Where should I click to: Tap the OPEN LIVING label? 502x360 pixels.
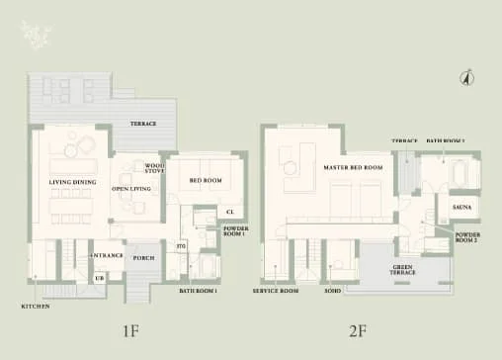(130, 188)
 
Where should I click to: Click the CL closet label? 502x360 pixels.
(230, 212)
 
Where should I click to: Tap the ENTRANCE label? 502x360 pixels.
(108, 256)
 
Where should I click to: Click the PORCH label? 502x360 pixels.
(144, 256)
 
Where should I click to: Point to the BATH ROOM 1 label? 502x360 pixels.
(198, 292)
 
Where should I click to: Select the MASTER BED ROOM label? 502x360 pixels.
(353, 167)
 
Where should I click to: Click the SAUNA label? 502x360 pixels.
(462, 209)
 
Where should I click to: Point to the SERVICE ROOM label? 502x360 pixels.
(276, 292)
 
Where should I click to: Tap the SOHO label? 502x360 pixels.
(333, 292)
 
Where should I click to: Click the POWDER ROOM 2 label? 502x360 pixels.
(467, 237)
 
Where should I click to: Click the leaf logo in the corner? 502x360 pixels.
(38, 36)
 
